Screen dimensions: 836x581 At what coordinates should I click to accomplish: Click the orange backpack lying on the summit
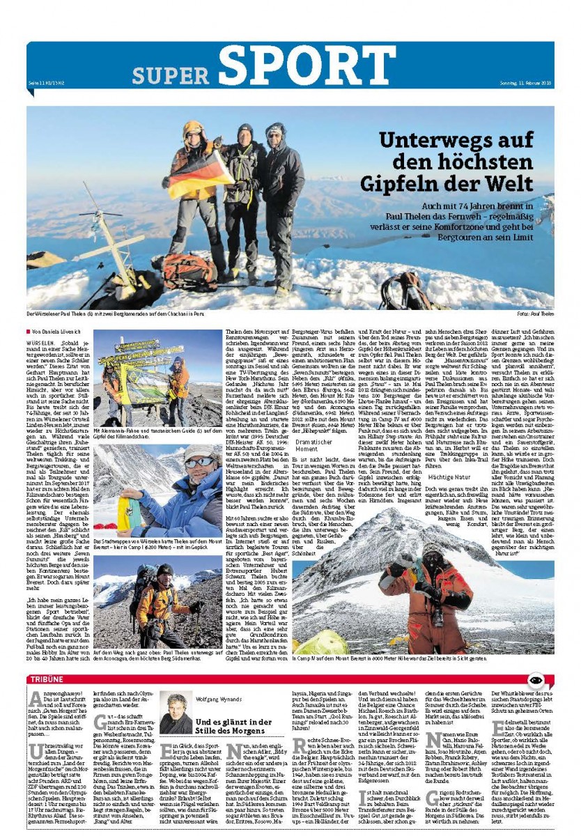(x=189, y=269)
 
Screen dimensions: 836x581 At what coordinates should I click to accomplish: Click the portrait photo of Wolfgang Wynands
(x=176, y=712)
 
